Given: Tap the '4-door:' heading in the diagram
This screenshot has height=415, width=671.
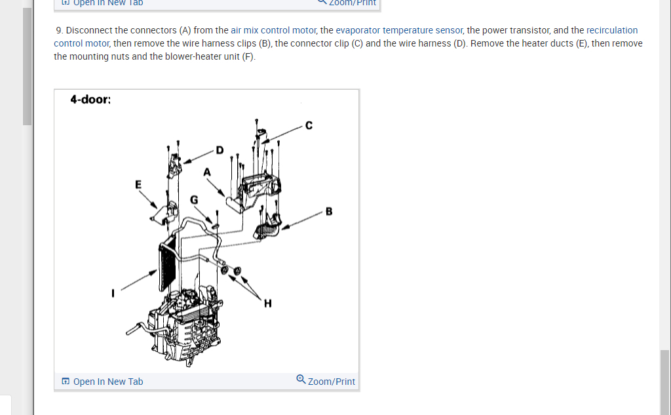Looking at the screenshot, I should pyautogui.click(x=90, y=100).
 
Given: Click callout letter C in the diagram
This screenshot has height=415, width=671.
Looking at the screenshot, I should pyautogui.click(x=309, y=127).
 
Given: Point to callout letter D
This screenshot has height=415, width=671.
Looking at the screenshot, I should pyautogui.click(x=220, y=150).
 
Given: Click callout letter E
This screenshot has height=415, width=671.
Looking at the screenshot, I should pyautogui.click(x=138, y=184).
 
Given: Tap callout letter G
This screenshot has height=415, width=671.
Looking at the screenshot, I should pyautogui.click(x=194, y=199).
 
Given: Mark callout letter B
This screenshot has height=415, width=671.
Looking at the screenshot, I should pyautogui.click(x=329, y=211).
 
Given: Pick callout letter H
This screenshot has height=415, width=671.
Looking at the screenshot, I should pyautogui.click(x=267, y=303).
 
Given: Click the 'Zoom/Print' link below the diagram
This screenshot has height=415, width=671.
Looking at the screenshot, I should pyautogui.click(x=332, y=382).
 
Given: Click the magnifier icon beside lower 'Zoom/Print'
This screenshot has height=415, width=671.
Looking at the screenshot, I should pyautogui.click(x=301, y=379).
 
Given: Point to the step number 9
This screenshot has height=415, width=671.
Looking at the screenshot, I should pyautogui.click(x=59, y=30).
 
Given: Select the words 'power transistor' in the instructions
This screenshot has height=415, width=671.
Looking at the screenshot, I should pyautogui.click(x=509, y=30).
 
